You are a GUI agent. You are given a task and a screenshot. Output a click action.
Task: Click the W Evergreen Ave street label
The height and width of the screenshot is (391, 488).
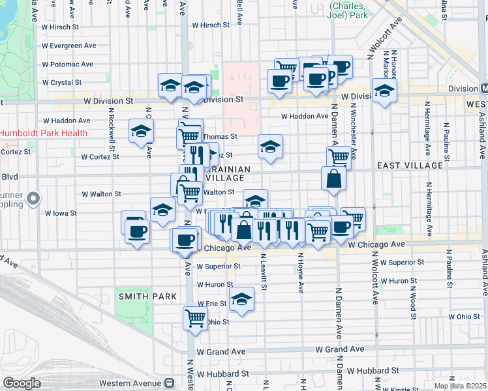coord(69,46)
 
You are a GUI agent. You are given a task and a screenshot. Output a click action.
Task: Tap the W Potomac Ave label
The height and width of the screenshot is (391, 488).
coord(69,65)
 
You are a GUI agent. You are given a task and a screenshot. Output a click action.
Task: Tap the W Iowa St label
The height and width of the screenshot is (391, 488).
coord(61,212)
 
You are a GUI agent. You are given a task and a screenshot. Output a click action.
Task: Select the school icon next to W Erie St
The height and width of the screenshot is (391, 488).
coord(241,300)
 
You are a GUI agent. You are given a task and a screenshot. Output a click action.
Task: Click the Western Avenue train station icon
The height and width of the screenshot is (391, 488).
coord(170,383)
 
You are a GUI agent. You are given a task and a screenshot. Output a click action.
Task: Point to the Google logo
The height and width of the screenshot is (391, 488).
coord(22,383)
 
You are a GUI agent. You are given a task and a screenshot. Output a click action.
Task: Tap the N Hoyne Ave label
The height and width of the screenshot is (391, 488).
coord(301,267)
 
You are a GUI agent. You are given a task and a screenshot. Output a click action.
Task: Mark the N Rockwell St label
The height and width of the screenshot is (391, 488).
coord(112,129)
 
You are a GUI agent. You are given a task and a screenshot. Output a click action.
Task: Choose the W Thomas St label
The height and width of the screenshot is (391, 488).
coord(220,137)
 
